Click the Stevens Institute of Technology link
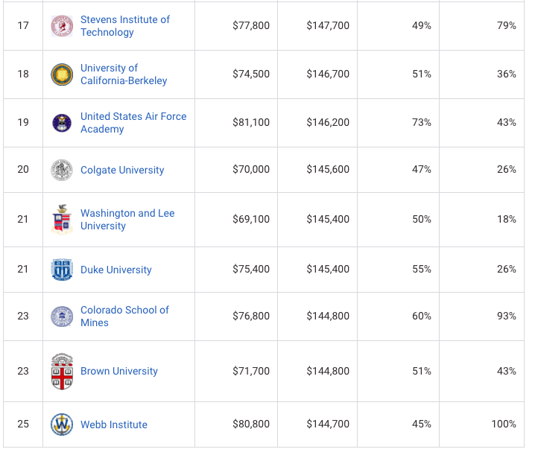coord(124,25)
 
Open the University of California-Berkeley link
coord(123,74)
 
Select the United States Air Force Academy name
coord(133,122)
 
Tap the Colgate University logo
coord(62,170)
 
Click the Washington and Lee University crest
coord(62,219)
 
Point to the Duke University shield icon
coord(62,270)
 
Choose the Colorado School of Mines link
coord(124,316)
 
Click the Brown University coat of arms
coord(62,371)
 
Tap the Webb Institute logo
coord(62,424)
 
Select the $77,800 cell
coord(251,25)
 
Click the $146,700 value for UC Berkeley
coord(327,74)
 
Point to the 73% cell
coord(421,122)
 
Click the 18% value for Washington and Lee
coord(507,219)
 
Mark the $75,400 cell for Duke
coord(251,269)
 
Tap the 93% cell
coord(507,316)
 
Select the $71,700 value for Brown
coord(251,371)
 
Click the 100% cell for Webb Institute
coord(504,424)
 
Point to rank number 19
coord(23,122)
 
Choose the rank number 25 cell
coord(23,424)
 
